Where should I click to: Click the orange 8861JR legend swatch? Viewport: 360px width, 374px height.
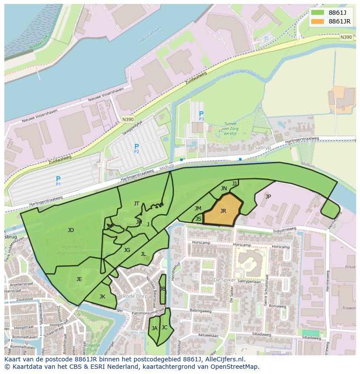coord(318,21)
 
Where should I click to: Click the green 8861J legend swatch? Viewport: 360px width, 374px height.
coord(318,12)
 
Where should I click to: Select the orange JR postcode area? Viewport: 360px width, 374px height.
coord(223,211)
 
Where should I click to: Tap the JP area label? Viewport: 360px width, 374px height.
coord(268,196)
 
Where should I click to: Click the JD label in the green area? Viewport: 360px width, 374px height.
coord(71,230)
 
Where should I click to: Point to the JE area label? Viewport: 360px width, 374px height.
coord(79,279)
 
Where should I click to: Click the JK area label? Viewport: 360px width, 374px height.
coord(102,296)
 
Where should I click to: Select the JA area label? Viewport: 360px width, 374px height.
coord(154,328)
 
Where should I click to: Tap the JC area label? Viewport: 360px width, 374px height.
coord(164,327)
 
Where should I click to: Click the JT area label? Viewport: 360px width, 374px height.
coord(137,203)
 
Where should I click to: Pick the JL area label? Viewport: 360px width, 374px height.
coord(143,254)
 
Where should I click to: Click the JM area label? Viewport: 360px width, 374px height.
coord(198,208)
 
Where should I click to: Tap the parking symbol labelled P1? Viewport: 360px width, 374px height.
coord(58,179)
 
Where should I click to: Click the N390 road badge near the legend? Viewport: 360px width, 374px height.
coord(346,37)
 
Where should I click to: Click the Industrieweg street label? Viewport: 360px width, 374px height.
coord(285,228)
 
